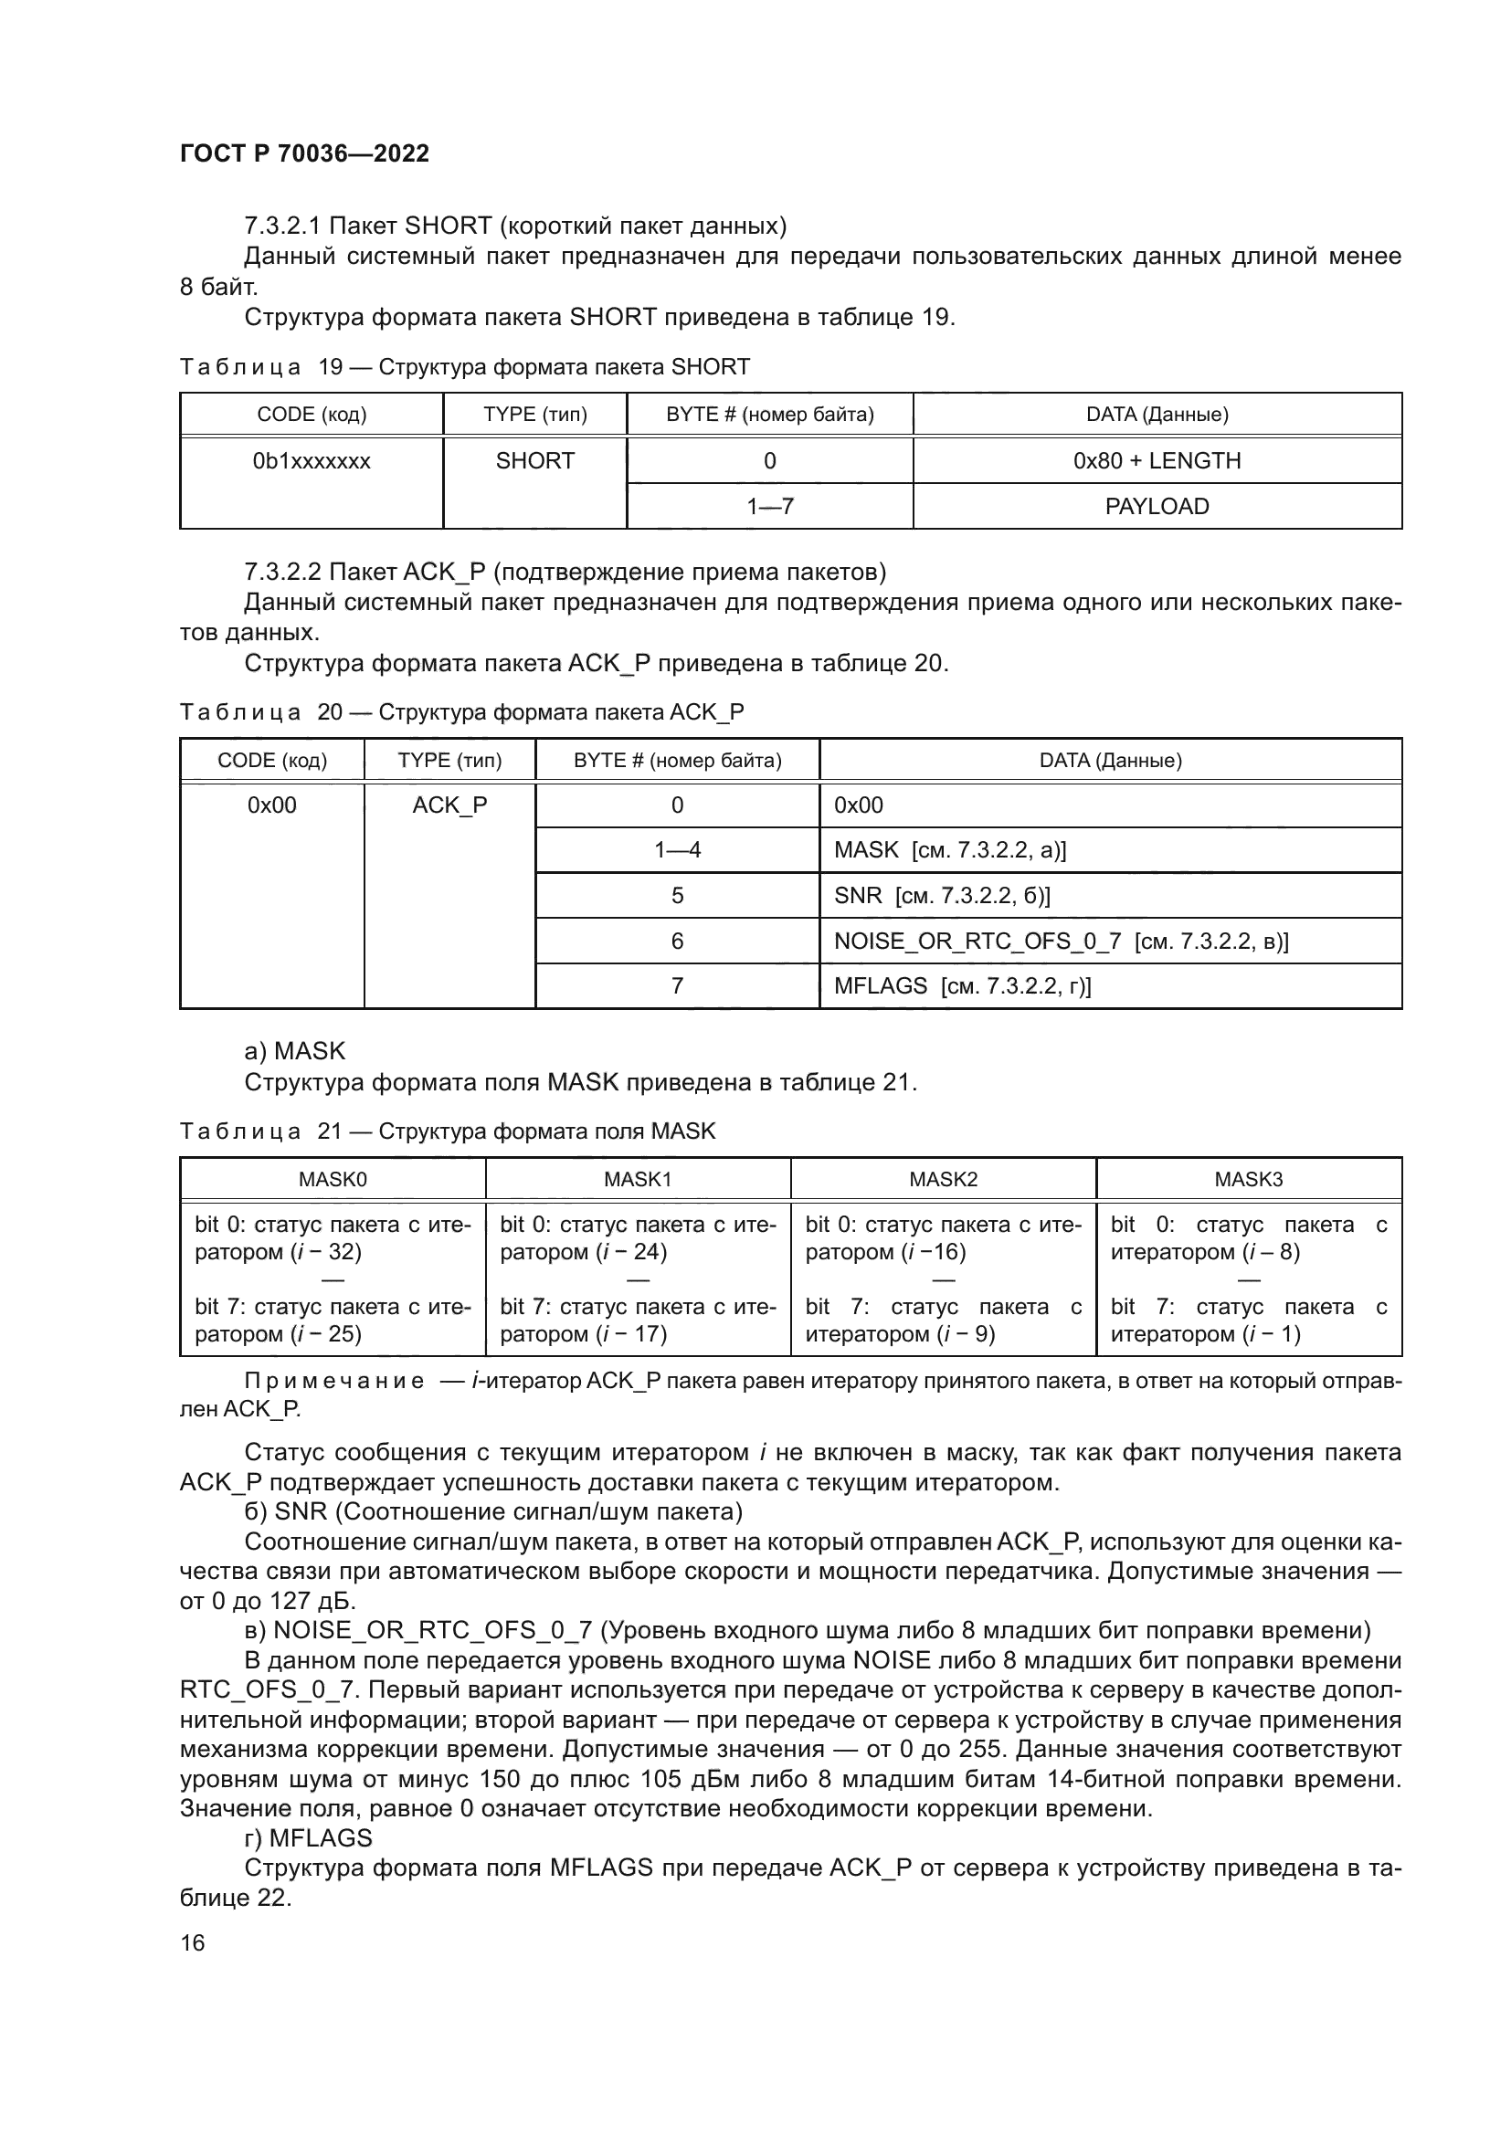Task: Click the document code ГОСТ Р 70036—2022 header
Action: (304, 153)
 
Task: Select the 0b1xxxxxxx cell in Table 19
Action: (311, 460)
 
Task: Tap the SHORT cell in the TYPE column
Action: (535, 460)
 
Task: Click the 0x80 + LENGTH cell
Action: (1157, 460)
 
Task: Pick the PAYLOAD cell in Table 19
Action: (1157, 506)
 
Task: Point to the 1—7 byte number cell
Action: (769, 506)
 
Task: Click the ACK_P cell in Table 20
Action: (449, 805)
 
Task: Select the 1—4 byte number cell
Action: (676, 849)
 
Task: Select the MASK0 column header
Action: (333, 1179)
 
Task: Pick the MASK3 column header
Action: (1248, 1179)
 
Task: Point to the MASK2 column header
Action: (943, 1179)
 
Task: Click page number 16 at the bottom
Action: (193, 1942)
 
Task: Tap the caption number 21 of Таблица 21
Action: (331, 1131)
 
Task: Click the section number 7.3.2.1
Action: (282, 226)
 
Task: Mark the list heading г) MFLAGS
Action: (308, 1837)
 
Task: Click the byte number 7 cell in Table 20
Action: (676, 985)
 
